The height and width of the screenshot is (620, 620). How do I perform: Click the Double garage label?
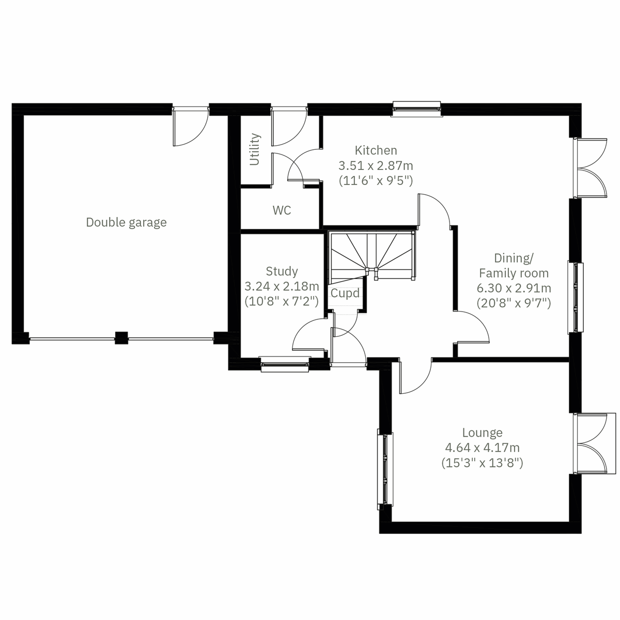[x=126, y=222]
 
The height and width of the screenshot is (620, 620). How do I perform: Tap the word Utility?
[x=254, y=150]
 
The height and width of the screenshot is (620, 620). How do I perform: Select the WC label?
[x=282, y=210]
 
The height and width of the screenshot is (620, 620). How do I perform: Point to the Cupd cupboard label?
[x=345, y=293]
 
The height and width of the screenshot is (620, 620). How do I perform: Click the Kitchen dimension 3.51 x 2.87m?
[x=376, y=166]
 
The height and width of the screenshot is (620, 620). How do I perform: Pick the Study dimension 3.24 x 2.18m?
[x=282, y=286]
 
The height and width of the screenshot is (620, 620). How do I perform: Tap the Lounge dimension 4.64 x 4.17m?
[x=482, y=448]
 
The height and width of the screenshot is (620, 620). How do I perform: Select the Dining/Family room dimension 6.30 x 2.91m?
[x=514, y=288]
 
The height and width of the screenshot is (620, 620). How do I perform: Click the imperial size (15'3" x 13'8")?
[x=482, y=463]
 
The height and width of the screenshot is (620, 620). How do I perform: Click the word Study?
[x=282, y=271]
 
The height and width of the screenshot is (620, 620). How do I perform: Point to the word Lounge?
[x=482, y=433]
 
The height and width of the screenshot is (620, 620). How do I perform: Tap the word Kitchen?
[x=376, y=150]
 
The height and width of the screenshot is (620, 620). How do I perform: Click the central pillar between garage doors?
[x=121, y=338]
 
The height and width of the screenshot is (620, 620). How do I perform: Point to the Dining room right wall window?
[x=575, y=298]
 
